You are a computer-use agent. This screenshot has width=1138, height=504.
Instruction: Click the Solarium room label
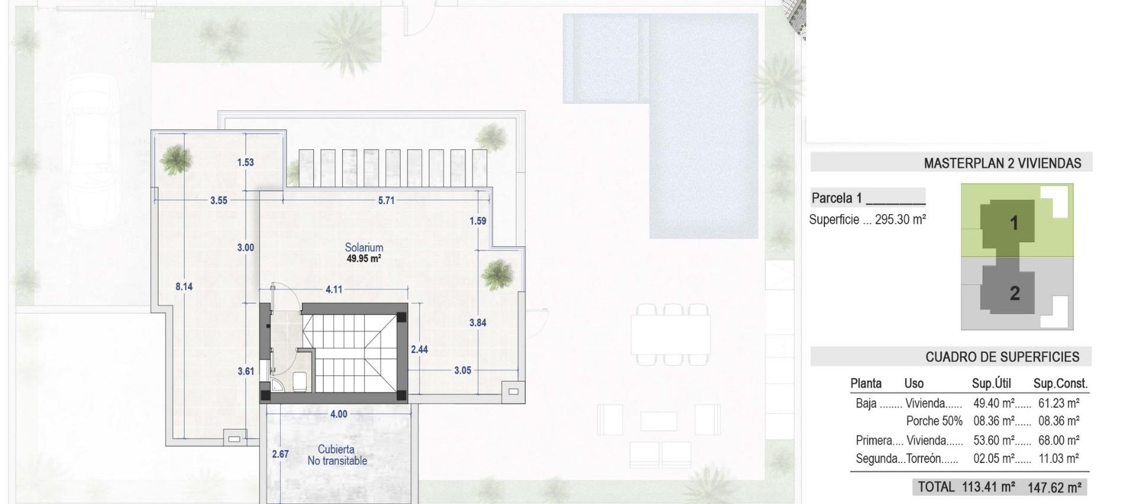coord(364,247)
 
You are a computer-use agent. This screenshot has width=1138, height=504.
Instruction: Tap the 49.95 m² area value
coord(364,259)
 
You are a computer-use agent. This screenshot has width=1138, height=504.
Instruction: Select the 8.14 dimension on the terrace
coord(184,286)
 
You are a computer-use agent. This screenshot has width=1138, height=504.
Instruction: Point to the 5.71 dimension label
coord(386,200)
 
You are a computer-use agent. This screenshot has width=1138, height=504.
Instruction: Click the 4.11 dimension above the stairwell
coord(334,289)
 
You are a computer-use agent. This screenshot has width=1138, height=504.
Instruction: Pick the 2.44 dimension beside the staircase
coord(419,349)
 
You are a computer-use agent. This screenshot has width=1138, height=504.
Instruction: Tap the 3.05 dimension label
coord(462,370)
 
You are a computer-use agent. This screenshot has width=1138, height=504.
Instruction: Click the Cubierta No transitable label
coord(337,455)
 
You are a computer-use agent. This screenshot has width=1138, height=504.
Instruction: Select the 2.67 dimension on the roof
coord(280,454)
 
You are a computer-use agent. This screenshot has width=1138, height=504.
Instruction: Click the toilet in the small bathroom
coord(300,381)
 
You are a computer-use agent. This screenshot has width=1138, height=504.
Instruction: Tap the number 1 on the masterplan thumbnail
coord(1014,223)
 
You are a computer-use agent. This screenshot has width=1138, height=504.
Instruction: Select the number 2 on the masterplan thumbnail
coord(1015,293)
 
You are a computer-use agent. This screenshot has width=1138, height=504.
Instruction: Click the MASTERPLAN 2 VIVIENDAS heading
coord(1002,163)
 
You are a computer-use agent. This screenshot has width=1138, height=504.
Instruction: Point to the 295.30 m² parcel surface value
coord(900,219)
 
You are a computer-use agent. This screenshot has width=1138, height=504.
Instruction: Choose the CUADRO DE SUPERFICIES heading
coord(1002,357)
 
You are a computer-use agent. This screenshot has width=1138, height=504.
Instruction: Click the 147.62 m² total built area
coord(1054,487)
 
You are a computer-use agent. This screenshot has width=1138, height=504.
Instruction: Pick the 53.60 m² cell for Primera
coord(993,441)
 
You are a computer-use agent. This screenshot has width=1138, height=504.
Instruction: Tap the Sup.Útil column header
coord(991,384)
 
